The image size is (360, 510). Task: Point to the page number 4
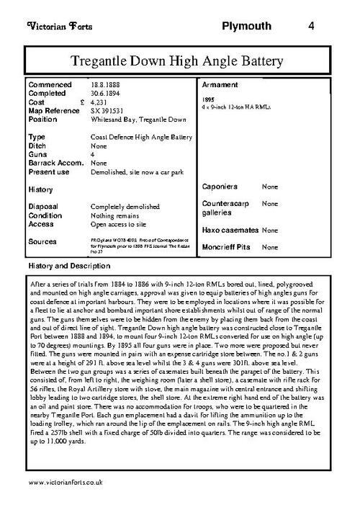click(x=310, y=26)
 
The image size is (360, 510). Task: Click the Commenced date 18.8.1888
click(x=104, y=85)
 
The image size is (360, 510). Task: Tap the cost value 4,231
click(x=102, y=103)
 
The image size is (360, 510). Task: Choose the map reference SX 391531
click(x=107, y=112)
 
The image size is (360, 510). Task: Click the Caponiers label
click(x=221, y=187)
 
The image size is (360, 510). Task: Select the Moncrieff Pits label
click(x=228, y=247)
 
